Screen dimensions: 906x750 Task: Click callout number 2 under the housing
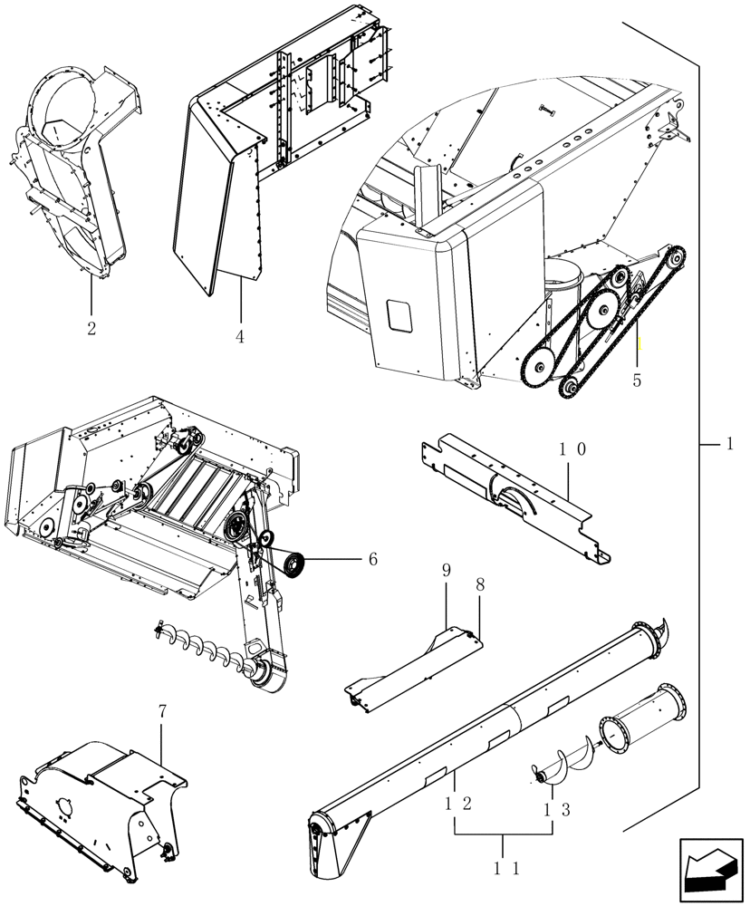[91, 328]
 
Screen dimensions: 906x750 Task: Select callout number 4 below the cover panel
[239, 336]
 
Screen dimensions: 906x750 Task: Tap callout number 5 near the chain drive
[637, 381]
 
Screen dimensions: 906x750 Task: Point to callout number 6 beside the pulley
[372, 559]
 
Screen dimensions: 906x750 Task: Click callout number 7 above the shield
[162, 712]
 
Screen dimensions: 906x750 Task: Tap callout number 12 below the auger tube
[455, 805]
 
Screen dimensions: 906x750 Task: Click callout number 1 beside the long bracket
[728, 445]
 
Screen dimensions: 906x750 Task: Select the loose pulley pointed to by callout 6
[294, 565]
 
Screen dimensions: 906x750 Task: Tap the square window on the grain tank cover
[399, 315]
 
